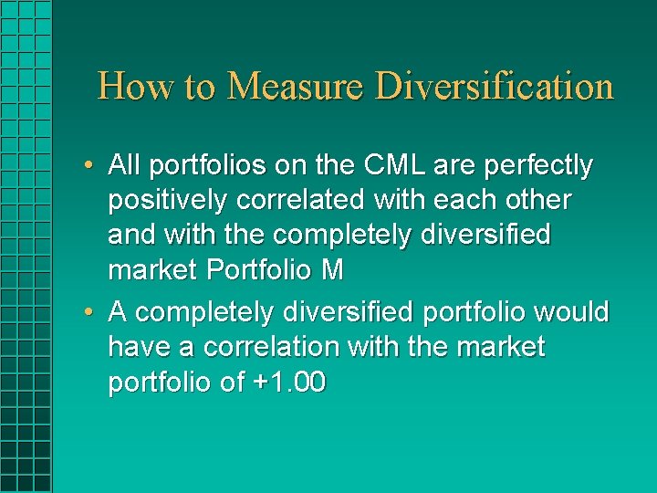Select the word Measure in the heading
click(296, 87)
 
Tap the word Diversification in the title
click(495, 87)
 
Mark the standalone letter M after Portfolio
click(332, 270)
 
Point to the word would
click(571, 312)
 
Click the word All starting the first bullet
click(124, 166)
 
